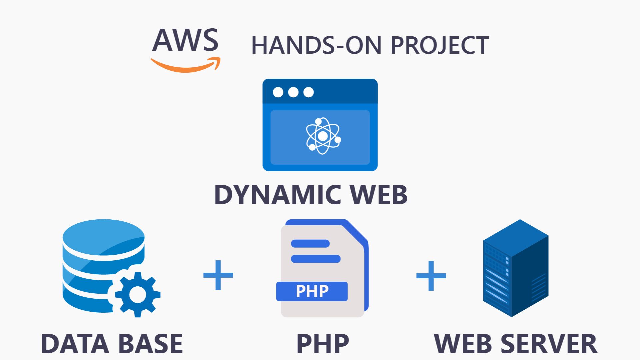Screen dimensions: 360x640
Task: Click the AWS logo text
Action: [x=185, y=40]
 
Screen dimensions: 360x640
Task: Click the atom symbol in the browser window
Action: [x=323, y=136]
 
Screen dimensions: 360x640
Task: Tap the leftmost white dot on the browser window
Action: [x=278, y=92]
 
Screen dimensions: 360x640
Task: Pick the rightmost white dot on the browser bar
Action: [x=308, y=92]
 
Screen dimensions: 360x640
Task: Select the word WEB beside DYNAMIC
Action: [x=378, y=195]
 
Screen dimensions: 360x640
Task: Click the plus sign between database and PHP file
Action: [x=218, y=275]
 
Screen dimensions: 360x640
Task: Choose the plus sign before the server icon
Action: [x=431, y=276]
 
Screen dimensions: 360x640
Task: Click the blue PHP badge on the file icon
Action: [x=312, y=291]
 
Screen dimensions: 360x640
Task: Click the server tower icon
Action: [x=515, y=268]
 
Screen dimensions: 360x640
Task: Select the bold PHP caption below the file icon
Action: [x=322, y=343]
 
